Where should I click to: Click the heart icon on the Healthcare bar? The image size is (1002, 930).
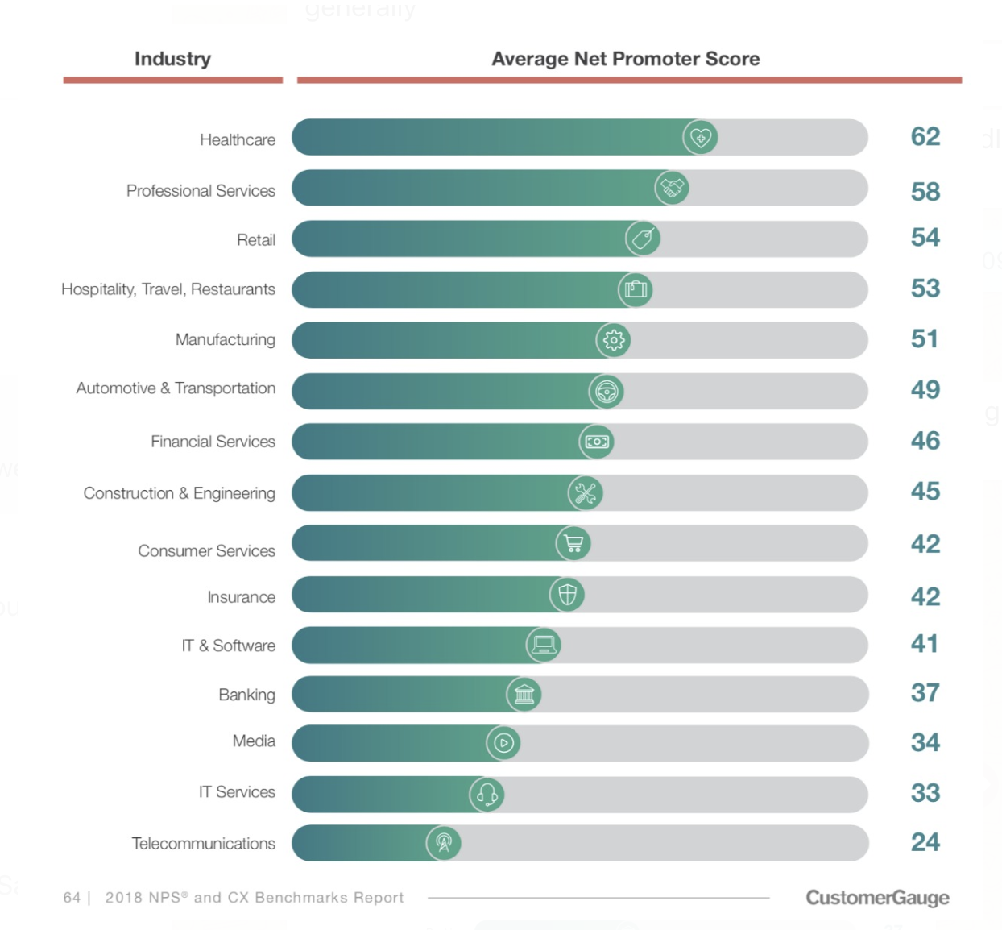[x=700, y=138]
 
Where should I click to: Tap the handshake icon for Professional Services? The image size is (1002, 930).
[x=672, y=188]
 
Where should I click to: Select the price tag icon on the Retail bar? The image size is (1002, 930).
[x=643, y=239]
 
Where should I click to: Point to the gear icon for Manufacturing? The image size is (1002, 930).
[x=613, y=340]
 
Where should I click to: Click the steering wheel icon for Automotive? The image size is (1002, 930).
[x=606, y=392]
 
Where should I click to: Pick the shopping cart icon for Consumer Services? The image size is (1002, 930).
[x=573, y=544]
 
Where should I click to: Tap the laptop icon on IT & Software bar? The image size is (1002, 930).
[x=544, y=645]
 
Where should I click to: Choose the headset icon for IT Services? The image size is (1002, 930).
[x=487, y=795]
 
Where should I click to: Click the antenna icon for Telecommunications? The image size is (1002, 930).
[x=443, y=843]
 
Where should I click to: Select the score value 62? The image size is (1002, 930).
[x=925, y=137]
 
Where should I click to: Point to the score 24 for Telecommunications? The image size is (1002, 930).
[x=925, y=842]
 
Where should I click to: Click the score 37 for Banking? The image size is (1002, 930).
[x=925, y=693]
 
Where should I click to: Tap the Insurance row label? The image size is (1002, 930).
[x=241, y=597]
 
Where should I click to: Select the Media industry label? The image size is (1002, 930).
[x=254, y=741]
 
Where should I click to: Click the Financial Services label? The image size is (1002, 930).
[x=213, y=442]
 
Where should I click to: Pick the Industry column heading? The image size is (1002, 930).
[x=172, y=59]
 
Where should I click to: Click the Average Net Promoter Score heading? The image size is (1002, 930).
[x=625, y=59]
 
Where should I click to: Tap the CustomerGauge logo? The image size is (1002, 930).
[x=877, y=898]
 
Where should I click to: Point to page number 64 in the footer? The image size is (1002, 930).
[x=72, y=898]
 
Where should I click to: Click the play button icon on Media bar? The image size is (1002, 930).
[x=503, y=743]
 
